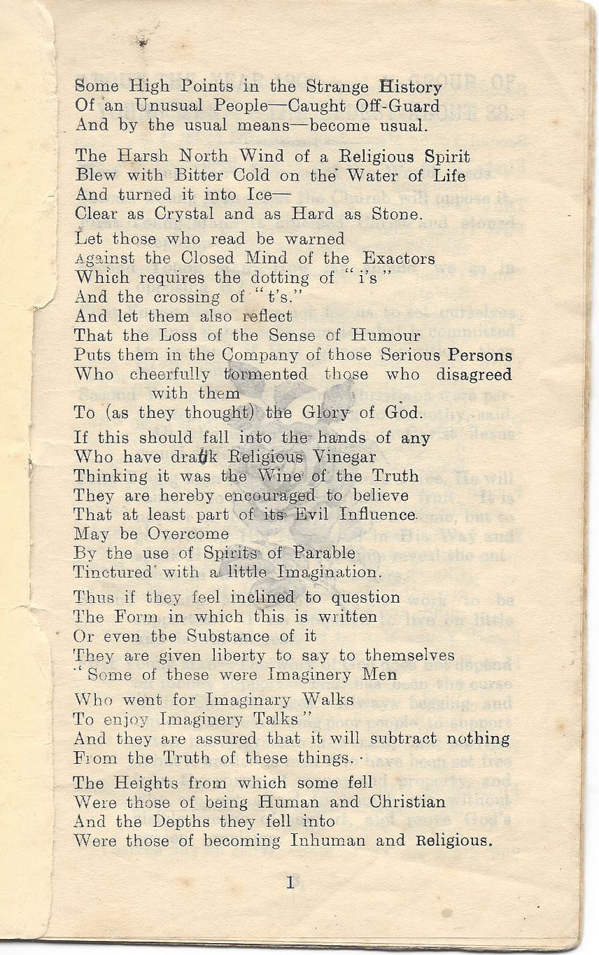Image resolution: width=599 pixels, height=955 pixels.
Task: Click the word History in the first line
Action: pyautogui.click(x=410, y=87)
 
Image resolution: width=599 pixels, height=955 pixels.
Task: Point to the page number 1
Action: pyautogui.click(x=290, y=884)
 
